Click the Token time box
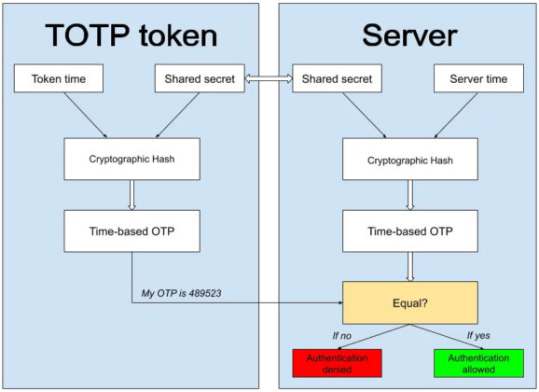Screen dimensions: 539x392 pyautogui.click(x=59, y=78)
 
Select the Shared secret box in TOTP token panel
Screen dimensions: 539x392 pyautogui.click(x=200, y=78)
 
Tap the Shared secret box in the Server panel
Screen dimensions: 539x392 pyautogui.click(x=337, y=78)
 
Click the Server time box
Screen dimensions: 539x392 pyautogui.click(x=478, y=78)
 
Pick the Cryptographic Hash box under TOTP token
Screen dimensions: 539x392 pyautogui.click(x=132, y=159)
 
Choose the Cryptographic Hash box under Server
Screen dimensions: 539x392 pyautogui.click(x=410, y=159)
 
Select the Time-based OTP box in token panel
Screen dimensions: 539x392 pyautogui.click(x=132, y=231)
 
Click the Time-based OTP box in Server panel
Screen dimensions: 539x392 pyautogui.click(x=410, y=231)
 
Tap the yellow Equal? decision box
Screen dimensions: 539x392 pyautogui.click(x=410, y=302)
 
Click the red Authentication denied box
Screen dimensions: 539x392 pyautogui.click(x=337, y=363)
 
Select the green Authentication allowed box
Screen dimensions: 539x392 pyautogui.click(x=478, y=363)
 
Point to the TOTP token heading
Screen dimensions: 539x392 pyautogui.click(x=131, y=35)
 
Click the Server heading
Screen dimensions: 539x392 pyautogui.click(x=409, y=35)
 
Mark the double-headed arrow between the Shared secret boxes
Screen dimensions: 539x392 pyautogui.click(x=269, y=78)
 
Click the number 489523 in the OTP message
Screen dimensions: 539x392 pyautogui.click(x=205, y=293)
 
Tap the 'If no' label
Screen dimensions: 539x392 pyautogui.click(x=341, y=336)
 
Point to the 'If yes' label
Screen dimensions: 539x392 pyautogui.click(x=478, y=336)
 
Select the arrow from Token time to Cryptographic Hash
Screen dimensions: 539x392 pyautogui.click(x=85, y=115)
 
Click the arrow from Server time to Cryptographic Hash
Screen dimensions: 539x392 pyautogui.click(x=456, y=116)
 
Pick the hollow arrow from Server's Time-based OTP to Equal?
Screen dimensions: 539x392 pyautogui.click(x=410, y=267)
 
